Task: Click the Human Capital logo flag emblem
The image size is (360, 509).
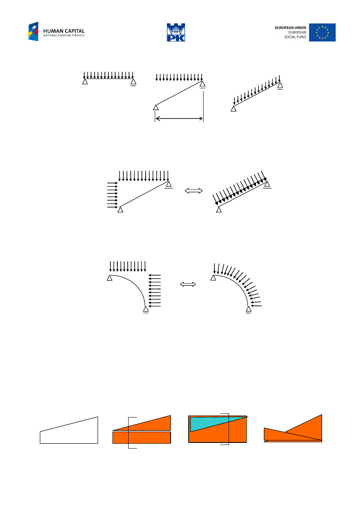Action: point(33,31)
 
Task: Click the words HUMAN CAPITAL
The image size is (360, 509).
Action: point(64,31)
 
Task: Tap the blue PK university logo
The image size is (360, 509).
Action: point(176,32)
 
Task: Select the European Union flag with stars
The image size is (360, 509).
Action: point(322,32)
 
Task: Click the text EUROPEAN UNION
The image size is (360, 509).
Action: point(290,28)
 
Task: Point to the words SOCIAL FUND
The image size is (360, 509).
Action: point(295,37)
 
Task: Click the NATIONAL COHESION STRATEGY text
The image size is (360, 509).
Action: point(64,35)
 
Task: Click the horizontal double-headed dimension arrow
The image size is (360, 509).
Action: point(179,118)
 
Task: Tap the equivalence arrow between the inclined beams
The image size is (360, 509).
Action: point(194,191)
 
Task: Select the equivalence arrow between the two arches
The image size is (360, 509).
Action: point(188,284)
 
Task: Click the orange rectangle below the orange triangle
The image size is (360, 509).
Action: point(142,438)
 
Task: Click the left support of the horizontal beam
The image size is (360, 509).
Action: point(85,81)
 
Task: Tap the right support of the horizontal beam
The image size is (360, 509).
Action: point(133,82)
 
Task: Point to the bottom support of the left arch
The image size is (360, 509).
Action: point(146,310)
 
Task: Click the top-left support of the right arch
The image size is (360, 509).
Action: point(213,278)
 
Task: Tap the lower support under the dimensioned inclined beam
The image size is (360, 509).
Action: point(156,108)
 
